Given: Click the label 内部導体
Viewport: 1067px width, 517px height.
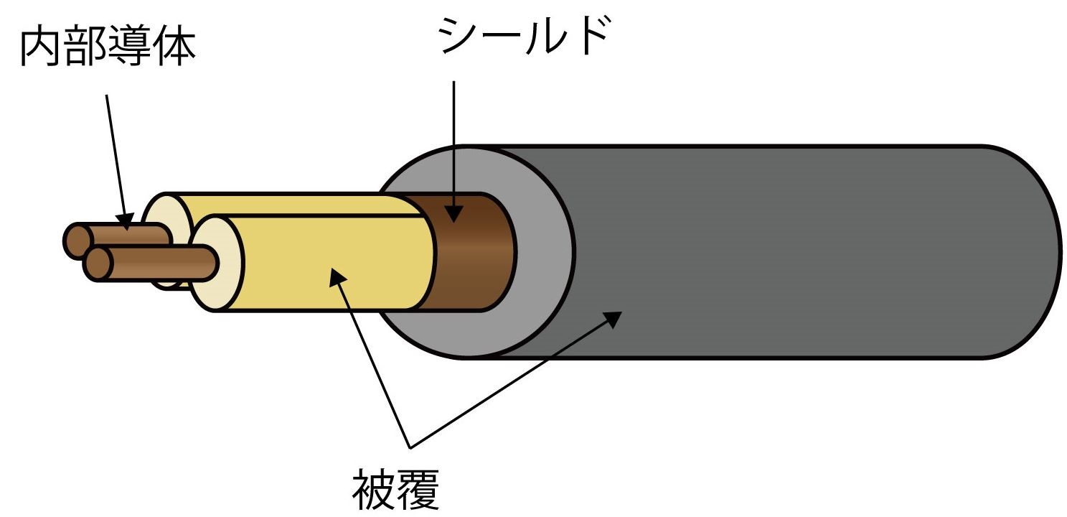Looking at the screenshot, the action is point(108,47).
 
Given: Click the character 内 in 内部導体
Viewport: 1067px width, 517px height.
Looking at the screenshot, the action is point(42,47).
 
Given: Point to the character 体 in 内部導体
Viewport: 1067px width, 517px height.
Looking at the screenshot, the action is point(174,47).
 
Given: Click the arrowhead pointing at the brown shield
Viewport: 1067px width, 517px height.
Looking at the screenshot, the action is point(454,213).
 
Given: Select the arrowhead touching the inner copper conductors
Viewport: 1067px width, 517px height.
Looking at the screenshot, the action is point(126,222).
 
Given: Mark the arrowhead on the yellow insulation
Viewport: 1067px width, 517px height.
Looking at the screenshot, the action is point(337,276).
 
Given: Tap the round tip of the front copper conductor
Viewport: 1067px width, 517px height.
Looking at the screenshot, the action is point(98,264).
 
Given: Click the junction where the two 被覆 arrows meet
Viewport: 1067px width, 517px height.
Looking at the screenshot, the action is point(410,448).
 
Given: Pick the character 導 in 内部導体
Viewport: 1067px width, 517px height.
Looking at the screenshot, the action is point(130,47).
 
